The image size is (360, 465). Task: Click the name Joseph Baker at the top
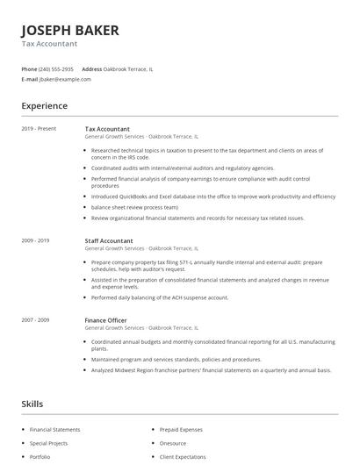(x=69, y=31)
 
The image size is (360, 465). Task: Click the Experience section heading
(x=44, y=105)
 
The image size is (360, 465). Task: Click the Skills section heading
(x=32, y=404)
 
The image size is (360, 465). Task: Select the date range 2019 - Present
(x=39, y=129)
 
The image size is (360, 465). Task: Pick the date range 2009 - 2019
(x=35, y=240)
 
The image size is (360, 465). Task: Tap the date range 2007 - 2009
(x=35, y=321)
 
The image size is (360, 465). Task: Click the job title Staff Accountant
(x=109, y=240)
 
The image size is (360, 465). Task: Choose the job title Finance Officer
(x=105, y=321)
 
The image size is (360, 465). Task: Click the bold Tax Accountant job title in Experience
(x=108, y=129)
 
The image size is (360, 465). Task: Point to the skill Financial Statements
(x=54, y=430)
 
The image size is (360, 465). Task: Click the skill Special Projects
(x=48, y=443)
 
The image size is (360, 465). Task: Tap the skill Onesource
(x=173, y=443)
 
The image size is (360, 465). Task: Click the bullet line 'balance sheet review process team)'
(x=134, y=207)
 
